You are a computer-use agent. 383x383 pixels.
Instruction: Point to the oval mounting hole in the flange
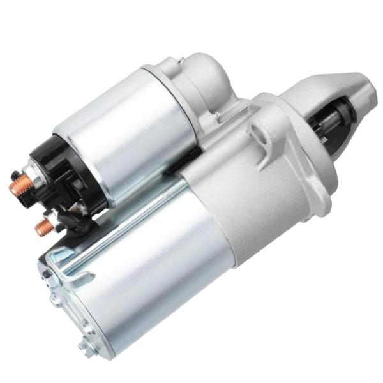coord(259,133)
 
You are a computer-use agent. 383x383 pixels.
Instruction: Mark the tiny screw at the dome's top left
coord(181,61)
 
